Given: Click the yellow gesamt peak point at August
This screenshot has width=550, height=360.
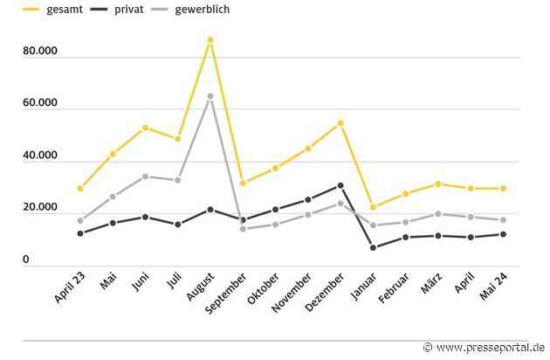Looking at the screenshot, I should (x=210, y=40).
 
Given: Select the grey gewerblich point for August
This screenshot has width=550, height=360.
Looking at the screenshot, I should (x=210, y=96).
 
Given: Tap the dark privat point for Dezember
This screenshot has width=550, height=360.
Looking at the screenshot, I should (x=340, y=185).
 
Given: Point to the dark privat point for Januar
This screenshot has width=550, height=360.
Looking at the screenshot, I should (x=374, y=248).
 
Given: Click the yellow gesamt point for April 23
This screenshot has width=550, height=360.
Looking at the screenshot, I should (x=80, y=189).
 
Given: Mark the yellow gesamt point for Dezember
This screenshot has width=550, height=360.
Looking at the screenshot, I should (x=340, y=123).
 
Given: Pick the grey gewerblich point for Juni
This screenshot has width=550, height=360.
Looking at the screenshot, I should (x=145, y=177).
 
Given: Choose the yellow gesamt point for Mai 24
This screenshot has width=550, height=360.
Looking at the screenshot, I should (x=503, y=189).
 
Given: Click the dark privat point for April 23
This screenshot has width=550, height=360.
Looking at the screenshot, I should (x=80, y=233).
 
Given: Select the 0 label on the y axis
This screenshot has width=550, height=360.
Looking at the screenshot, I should (x=27, y=260).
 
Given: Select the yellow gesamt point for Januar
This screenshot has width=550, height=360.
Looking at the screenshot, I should (x=374, y=208).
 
